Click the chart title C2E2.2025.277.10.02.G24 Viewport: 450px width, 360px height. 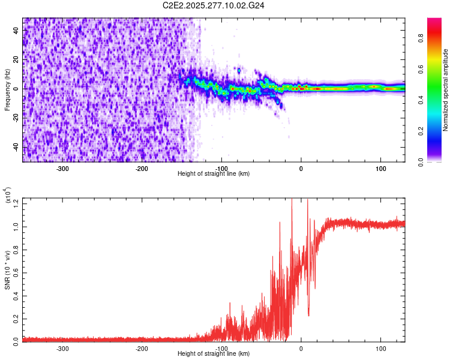pyautogui.click(x=214, y=7)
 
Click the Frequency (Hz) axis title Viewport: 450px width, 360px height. pyautogui.click(x=7, y=89)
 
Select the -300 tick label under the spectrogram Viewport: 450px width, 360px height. pyautogui.click(x=63, y=168)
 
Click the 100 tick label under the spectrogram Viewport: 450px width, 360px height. pyautogui.click(x=380, y=168)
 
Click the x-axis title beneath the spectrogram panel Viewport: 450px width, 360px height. pyautogui.click(x=214, y=174)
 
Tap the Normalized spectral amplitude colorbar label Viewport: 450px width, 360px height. pyautogui.click(x=446, y=90)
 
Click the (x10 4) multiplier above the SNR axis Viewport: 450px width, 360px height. pyautogui.click(x=8, y=195)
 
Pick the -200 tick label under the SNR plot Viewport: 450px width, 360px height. pyautogui.click(x=142, y=348)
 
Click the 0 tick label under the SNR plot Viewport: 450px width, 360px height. pyautogui.click(x=301, y=348)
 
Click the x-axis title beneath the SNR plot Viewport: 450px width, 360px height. pyautogui.click(x=214, y=354)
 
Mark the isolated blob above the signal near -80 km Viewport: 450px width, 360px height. pyautogui.click(x=239, y=71)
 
